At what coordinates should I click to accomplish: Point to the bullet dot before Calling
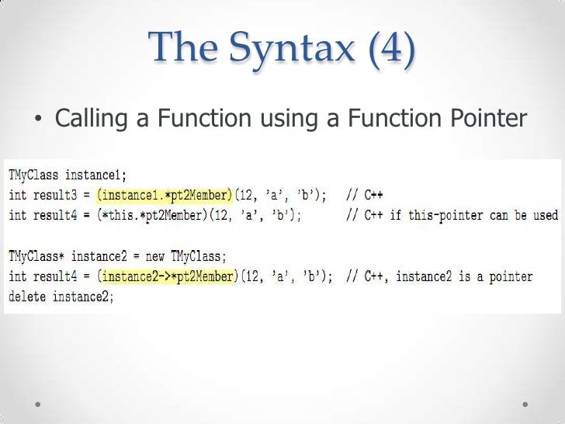click(37, 120)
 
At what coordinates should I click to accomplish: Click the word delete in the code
click(26, 297)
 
